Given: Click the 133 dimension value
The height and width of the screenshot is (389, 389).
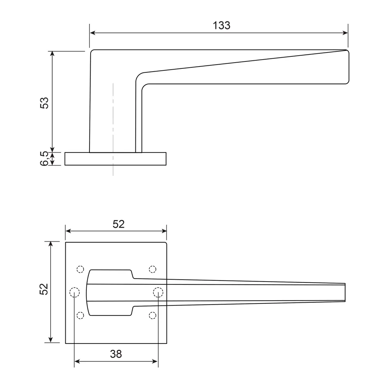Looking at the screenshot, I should pyautogui.click(x=221, y=26).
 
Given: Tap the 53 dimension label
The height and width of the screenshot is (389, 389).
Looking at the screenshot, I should pyautogui.click(x=45, y=102).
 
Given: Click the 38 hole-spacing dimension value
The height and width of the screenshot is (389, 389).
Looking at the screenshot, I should pyautogui.click(x=116, y=354).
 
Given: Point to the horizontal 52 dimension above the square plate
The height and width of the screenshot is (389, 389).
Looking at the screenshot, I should pyautogui.click(x=118, y=224).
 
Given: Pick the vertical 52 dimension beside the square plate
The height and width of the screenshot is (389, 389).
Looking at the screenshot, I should pyautogui.click(x=44, y=289).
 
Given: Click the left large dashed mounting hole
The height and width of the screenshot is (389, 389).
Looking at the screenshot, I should pyautogui.click(x=74, y=292).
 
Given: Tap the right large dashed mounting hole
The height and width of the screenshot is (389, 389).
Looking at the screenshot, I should pyautogui.click(x=158, y=292).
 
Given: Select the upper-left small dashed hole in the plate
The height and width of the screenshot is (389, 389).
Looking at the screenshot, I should pyautogui.click(x=80, y=269).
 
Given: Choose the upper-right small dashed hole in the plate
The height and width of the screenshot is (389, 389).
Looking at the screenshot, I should pyautogui.click(x=152, y=269).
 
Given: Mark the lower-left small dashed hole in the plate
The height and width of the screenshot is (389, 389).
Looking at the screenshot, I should pyautogui.click(x=80, y=315).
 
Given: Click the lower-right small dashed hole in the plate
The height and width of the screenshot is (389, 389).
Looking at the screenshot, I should pyautogui.click(x=152, y=315).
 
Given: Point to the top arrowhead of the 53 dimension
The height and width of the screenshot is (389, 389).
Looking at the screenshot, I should pyautogui.click(x=53, y=54).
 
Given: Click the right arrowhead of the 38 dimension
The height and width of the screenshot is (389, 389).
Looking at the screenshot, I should pyautogui.click(x=155, y=361).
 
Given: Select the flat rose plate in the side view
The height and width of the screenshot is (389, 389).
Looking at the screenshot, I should pyautogui.click(x=116, y=159).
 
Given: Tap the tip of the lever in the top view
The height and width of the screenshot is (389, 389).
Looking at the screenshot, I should pyautogui.click(x=345, y=292).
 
